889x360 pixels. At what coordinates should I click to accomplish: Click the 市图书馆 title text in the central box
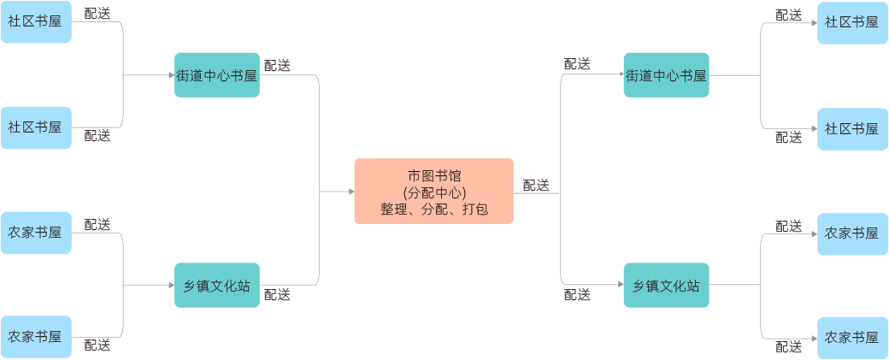pos(433,175)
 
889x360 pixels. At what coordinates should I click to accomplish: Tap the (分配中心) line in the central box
pos(433,192)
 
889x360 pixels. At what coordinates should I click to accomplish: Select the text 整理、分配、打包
pos(433,209)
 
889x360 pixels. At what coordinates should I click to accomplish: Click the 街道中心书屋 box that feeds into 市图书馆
pos(217,75)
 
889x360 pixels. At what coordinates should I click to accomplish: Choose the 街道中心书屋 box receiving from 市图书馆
pos(666,75)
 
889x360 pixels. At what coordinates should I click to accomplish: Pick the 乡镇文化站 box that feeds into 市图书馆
pos(217,285)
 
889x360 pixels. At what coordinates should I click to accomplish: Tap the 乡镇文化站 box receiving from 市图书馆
pos(666,285)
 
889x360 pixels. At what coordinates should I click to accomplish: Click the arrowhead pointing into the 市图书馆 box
pos(350,192)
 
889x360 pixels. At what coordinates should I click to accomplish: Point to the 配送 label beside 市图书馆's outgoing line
pos(536,185)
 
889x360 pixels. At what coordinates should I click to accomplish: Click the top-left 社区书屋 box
pos(35,22)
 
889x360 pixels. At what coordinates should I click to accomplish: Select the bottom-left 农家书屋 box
pos(35,337)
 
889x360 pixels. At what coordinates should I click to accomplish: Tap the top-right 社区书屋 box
pos(851,22)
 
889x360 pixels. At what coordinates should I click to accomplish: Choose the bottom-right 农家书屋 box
pos(851,337)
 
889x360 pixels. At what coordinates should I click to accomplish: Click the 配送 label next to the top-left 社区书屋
pos(97,15)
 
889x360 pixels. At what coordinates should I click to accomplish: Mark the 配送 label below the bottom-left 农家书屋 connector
pos(97,346)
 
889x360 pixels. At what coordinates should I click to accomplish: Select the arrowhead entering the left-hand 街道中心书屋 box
pos(170,75)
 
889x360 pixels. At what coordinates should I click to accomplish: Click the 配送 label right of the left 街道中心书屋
pos(277,66)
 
